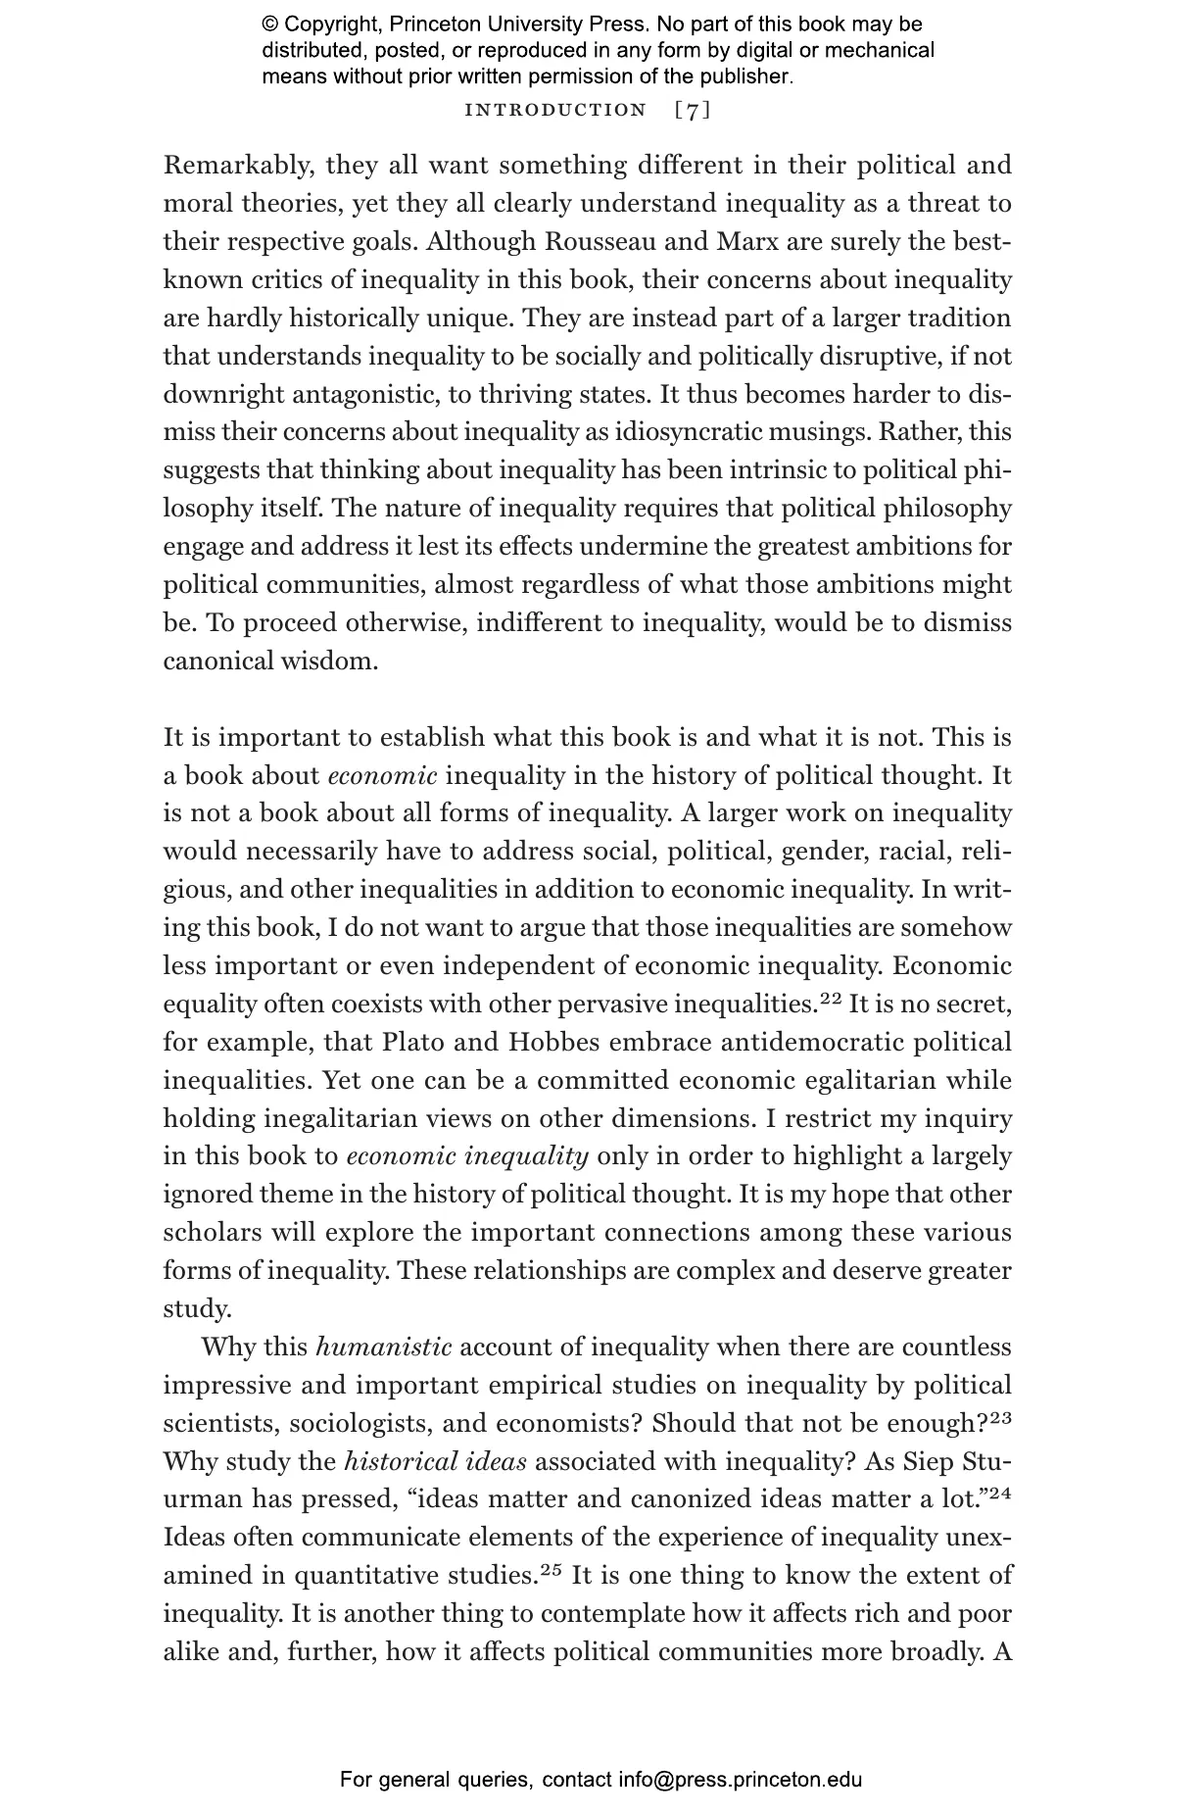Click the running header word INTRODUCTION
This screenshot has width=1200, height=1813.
point(555,110)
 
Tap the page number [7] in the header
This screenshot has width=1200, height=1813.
point(693,110)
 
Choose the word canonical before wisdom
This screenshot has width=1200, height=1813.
point(217,661)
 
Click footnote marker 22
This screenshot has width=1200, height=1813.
point(831,999)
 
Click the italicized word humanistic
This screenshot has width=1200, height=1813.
point(383,1347)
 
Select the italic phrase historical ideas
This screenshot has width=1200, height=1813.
point(435,1462)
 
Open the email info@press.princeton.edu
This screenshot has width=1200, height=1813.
point(740,1780)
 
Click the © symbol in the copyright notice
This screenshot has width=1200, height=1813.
point(270,25)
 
